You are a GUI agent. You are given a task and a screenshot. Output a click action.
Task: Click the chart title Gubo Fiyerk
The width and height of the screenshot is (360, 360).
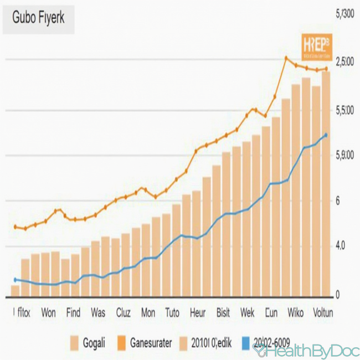click(38, 18)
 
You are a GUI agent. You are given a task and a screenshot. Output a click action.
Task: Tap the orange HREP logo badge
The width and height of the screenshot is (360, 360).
click(316, 48)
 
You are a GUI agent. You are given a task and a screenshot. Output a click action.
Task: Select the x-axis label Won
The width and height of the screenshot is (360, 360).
click(48, 312)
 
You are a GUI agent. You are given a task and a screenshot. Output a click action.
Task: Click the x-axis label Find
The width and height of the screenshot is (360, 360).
click(73, 312)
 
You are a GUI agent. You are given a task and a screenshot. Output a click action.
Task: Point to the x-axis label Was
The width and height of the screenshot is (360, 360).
click(98, 312)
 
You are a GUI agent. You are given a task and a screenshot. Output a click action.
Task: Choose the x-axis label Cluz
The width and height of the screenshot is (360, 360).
click(123, 312)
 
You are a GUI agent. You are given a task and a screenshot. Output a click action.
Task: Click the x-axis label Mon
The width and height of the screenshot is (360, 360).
click(148, 312)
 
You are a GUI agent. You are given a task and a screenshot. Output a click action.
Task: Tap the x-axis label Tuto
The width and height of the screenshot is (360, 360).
click(172, 312)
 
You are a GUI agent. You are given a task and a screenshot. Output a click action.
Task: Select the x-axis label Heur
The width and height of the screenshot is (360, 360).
click(197, 312)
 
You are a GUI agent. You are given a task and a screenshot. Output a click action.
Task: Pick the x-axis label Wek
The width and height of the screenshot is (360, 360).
click(247, 312)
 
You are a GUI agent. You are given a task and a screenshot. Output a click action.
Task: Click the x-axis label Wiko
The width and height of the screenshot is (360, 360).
click(296, 312)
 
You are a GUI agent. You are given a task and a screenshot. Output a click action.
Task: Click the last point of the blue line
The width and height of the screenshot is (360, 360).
click(326, 135)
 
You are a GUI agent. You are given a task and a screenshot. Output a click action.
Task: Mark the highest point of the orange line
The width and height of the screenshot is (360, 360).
click(286, 58)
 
